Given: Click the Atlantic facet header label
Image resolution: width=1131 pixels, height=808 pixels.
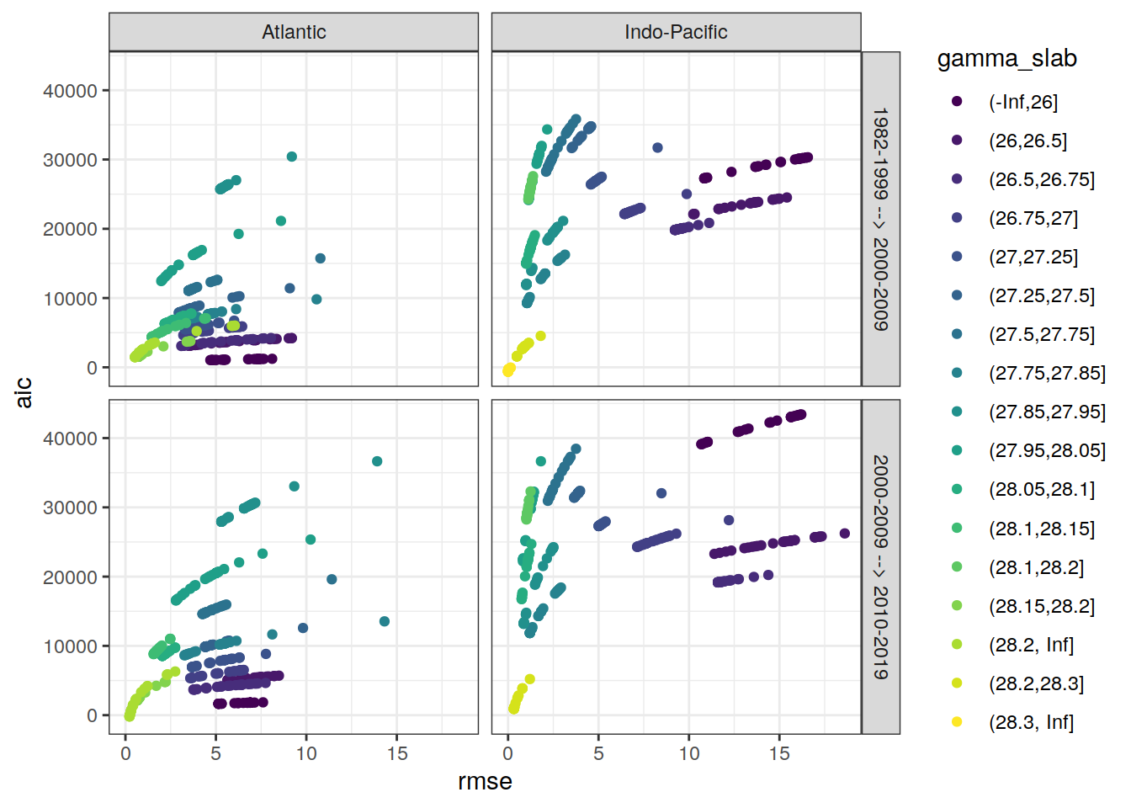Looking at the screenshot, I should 294,32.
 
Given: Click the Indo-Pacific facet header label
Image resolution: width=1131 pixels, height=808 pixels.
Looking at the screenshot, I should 676,32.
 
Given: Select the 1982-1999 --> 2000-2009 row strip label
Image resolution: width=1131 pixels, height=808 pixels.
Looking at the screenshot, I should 880,219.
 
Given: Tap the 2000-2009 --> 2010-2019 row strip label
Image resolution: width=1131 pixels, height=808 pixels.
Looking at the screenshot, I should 880,566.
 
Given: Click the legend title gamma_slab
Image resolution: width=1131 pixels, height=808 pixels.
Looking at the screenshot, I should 1006,59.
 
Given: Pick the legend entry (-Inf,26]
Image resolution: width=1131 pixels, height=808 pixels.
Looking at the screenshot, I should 1022,102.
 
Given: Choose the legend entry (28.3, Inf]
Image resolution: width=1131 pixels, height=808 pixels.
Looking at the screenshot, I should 1031,722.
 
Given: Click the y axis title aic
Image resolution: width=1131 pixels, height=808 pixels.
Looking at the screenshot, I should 24,392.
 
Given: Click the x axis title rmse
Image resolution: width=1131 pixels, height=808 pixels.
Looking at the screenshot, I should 485,782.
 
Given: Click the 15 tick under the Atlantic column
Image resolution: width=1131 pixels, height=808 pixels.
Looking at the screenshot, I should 397,754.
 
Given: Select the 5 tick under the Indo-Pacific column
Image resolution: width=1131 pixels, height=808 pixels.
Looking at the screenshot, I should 598,754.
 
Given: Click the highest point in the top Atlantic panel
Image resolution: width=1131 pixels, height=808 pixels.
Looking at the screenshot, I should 292,157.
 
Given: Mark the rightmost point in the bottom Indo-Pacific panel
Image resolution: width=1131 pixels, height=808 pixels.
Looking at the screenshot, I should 845,534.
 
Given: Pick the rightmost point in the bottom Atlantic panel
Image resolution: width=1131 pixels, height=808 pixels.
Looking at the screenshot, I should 385,621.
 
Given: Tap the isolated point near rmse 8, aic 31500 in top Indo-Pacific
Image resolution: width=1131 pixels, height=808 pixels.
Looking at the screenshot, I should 658,148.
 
